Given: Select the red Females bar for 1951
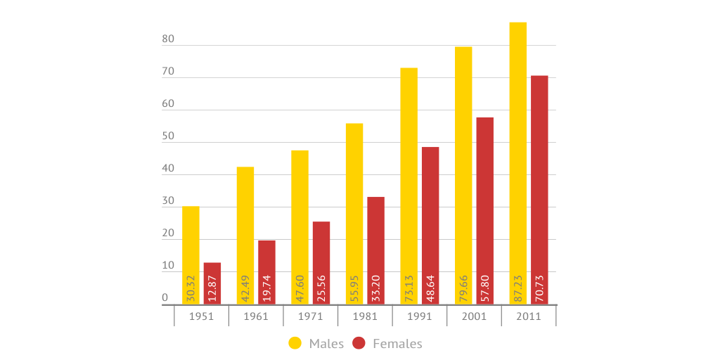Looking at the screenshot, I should click(212, 271).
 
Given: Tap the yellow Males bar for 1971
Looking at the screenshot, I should click(300, 211).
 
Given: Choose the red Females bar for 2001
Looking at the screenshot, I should click(484, 197).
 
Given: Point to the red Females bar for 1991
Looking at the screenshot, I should click(430, 211).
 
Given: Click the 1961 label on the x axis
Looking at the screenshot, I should click(256, 316).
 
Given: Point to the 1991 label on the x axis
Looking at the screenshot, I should click(420, 316).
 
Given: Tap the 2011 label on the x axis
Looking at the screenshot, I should click(529, 316).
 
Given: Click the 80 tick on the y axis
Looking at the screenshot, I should click(168, 40).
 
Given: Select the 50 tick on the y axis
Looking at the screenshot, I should click(168, 137).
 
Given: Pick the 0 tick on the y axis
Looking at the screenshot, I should click(165, 298).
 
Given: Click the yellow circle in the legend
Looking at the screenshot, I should click(295, 343).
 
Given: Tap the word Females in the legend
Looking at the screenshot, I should click(397, 344).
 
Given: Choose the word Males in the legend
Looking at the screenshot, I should click(326, 344).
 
